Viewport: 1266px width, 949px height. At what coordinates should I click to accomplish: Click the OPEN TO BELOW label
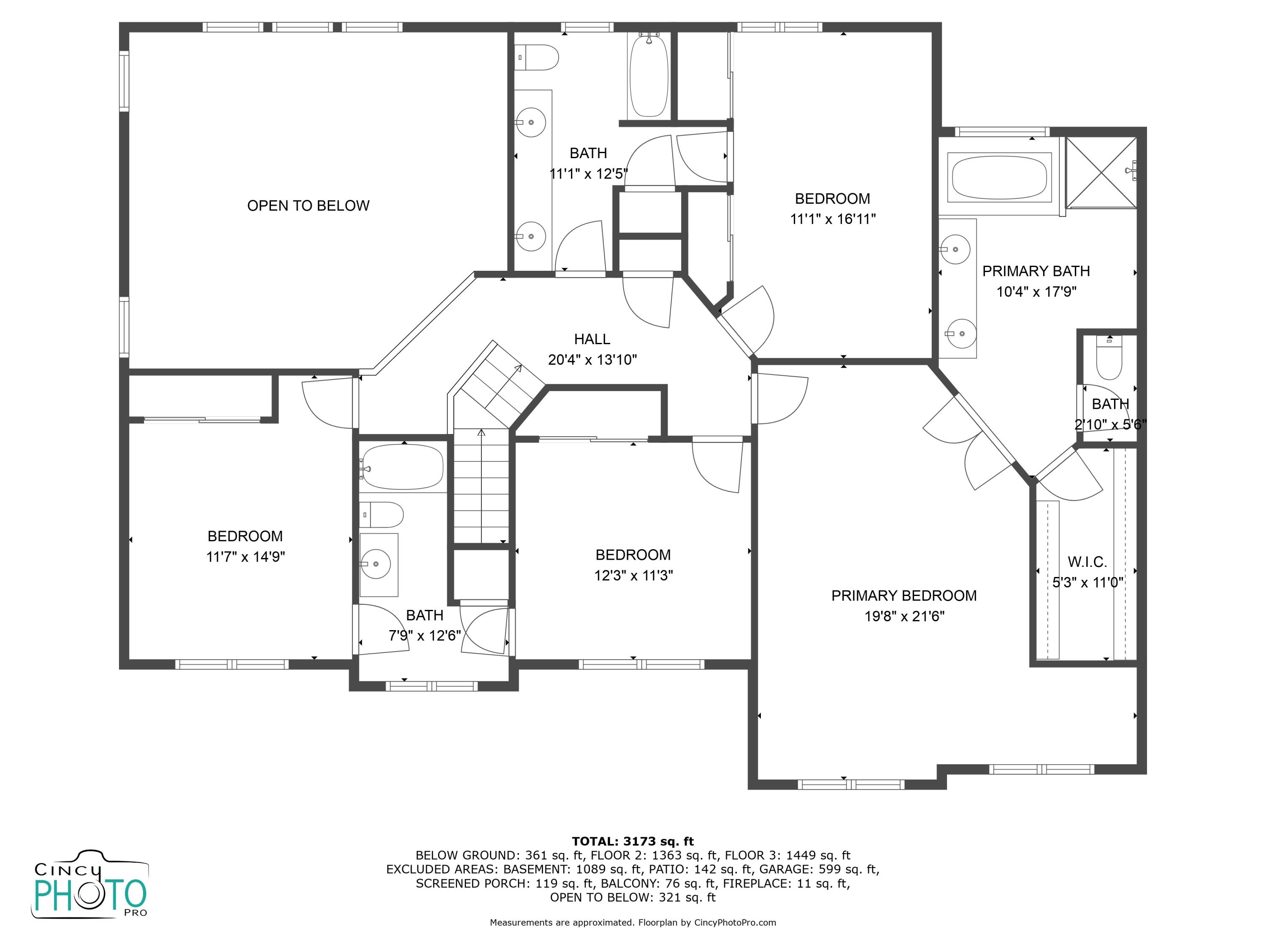point(308,206)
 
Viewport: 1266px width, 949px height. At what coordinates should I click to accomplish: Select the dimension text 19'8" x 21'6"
point(904,616)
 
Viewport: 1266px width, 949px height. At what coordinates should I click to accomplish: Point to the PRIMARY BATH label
point(1036,271)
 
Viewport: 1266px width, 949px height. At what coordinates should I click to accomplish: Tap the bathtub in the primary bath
point(999,177)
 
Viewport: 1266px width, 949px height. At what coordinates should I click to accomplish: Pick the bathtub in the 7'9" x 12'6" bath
point(403,467)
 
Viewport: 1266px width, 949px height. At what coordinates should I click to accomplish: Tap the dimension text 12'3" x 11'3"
point(633,575)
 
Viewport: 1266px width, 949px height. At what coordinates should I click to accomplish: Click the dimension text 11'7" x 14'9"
point(246,557)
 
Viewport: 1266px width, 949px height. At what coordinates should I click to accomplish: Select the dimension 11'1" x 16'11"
point(833,219)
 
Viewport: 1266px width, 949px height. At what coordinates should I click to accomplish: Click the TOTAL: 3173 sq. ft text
point(633,841)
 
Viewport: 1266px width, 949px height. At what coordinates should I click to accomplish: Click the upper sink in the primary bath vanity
point(956,249)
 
